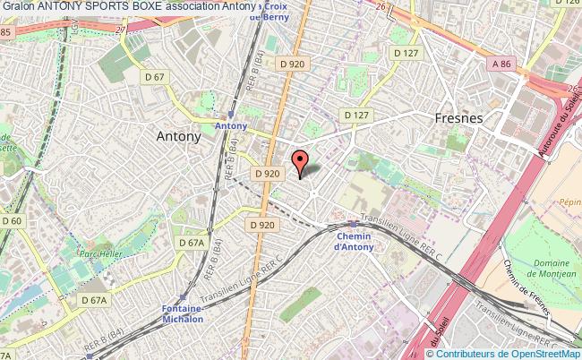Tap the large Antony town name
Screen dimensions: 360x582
[179, 137]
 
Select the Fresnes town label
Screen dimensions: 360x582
[458, 118]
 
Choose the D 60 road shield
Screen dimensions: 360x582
[12, 221]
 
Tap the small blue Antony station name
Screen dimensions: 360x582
[230, 126]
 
